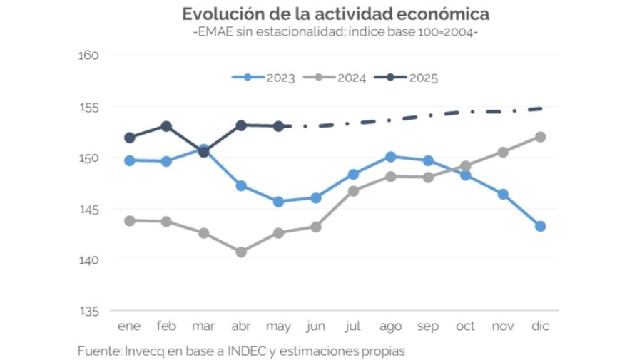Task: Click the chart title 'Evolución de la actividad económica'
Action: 335,14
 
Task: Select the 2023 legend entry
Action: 263,78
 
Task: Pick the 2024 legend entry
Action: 335,78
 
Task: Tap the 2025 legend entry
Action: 406,78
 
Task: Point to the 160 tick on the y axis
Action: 88,56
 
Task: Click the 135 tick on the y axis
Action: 88,311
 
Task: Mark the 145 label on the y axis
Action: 88,209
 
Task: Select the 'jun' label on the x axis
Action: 315,326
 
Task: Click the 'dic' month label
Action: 540,326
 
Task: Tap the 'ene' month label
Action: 129,326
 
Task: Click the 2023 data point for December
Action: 540,226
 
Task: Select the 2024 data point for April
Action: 241,252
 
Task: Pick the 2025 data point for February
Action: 166,126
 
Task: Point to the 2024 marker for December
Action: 540,137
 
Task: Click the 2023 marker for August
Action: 390,157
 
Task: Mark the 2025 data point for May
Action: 278,126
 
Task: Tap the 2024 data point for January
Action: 129,221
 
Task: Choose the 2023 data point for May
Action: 278,202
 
